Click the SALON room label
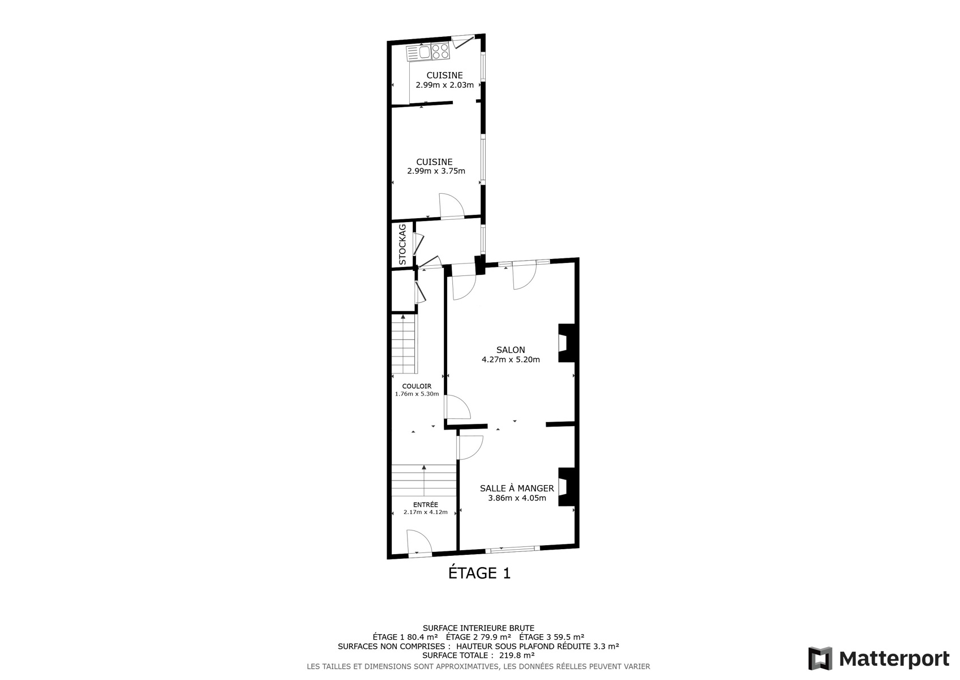511,350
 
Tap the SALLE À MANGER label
517,488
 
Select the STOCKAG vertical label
402,245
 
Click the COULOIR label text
417,386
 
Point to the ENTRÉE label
426,504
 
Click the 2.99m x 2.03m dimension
444,85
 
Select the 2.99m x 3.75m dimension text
436,171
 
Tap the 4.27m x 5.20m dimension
511,359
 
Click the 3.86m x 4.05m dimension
517,498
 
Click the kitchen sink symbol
419,52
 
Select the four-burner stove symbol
440,52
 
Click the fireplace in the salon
566,343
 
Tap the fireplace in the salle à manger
566,487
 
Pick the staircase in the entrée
424,481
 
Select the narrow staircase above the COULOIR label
404,344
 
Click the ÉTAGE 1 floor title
479,573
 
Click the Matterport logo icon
820,658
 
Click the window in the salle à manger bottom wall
513,549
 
